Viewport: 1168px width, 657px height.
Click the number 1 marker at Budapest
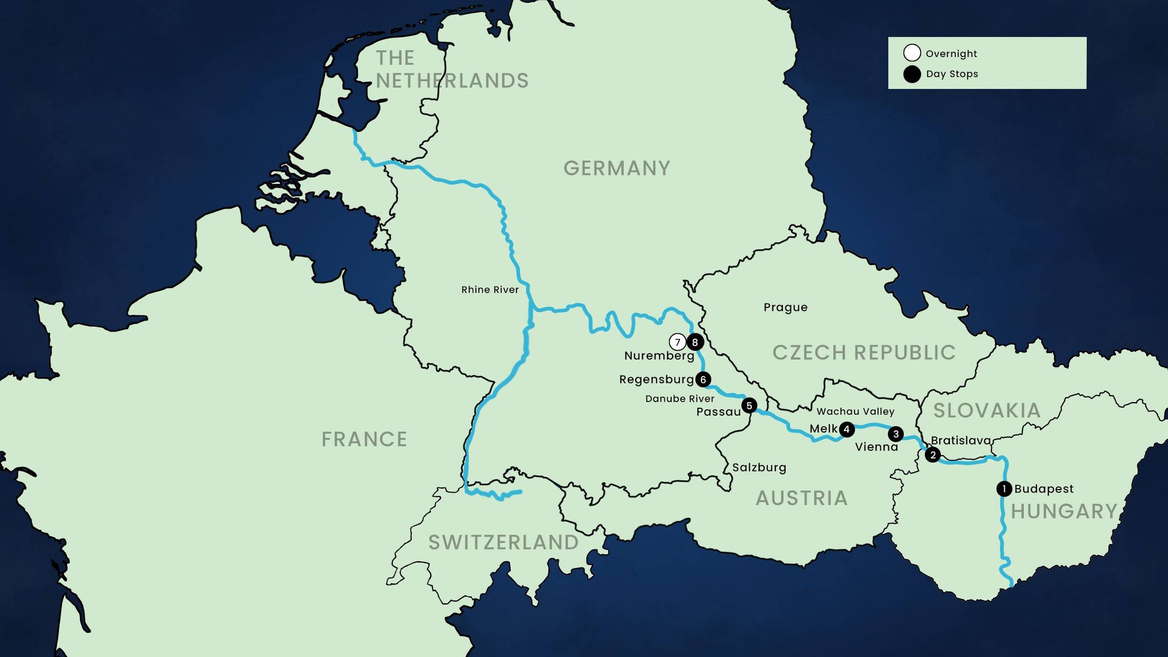[1004, 489]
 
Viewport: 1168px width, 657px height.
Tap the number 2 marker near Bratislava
[932, 455]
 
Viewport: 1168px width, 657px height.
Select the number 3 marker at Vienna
[895, 434]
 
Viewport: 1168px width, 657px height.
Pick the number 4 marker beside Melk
[847, 429]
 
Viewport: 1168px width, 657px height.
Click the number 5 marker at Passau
[749, 405]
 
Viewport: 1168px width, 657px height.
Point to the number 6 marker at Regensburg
[703, 379]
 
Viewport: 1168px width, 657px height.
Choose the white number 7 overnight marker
[677, 342]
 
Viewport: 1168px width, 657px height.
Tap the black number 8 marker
[695, 342]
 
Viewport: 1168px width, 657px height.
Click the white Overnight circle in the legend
[912, 53]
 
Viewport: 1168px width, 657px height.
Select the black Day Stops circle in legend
[912, 74]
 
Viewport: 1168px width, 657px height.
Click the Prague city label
[785, 308]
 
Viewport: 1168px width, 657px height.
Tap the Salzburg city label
[759, 468]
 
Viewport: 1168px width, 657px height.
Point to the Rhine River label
[490, 290]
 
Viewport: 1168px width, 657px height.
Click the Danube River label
[679, 399]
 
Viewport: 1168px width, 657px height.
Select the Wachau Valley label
[855, 412]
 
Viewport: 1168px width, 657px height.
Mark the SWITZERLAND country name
[503, 543]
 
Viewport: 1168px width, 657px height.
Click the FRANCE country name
[364, 439]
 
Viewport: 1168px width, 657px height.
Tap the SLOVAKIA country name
[986, 411]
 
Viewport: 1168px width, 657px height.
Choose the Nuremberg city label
[659, 356]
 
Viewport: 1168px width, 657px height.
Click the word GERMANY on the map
[617, 168]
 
